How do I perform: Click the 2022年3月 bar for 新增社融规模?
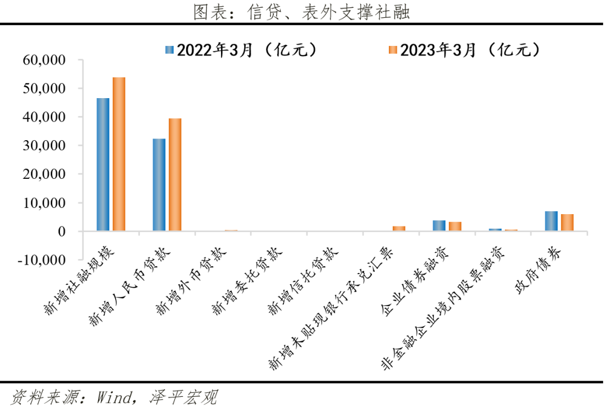103,164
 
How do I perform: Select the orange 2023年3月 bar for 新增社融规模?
119,154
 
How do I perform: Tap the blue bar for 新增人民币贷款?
159,184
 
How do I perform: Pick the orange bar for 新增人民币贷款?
175,174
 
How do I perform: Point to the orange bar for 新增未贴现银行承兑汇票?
399,229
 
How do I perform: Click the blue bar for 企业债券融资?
439,226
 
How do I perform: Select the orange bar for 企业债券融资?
455,226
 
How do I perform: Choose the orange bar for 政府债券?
567,223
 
